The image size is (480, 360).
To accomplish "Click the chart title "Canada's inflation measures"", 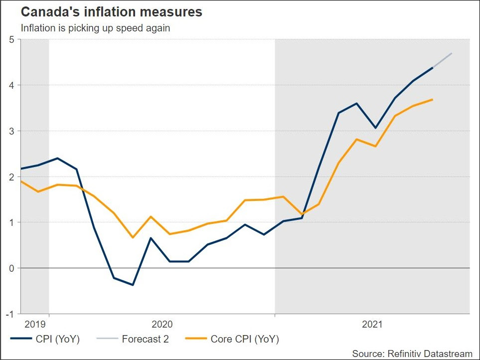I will pos(111,12).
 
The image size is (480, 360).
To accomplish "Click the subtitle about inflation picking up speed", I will pos(95,28).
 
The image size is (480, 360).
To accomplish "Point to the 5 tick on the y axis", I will pos(11,39).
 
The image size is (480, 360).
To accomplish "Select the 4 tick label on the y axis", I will pos(11,85).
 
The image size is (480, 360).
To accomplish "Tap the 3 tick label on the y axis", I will pos(11,131).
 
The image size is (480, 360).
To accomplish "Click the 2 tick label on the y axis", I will pos(11,177).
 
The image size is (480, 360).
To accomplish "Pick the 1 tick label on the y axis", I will pos(11,222).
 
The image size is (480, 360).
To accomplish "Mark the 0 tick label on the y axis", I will pos(11,268).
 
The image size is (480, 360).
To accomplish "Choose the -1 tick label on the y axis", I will pos(10,314).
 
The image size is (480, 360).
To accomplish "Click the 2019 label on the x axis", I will pos(34,325).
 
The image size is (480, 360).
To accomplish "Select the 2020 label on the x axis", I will pos(162,325).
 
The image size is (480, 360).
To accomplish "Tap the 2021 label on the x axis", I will pos(372,325).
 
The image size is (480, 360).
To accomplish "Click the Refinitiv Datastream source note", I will pos(412,354).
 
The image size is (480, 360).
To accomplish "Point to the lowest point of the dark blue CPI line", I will pos(133,285).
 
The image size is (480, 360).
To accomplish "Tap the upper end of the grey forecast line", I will pos(452,53).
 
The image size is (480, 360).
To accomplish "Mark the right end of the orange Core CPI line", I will pos(432,100).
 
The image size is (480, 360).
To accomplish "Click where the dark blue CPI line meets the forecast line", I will pos(432,67).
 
